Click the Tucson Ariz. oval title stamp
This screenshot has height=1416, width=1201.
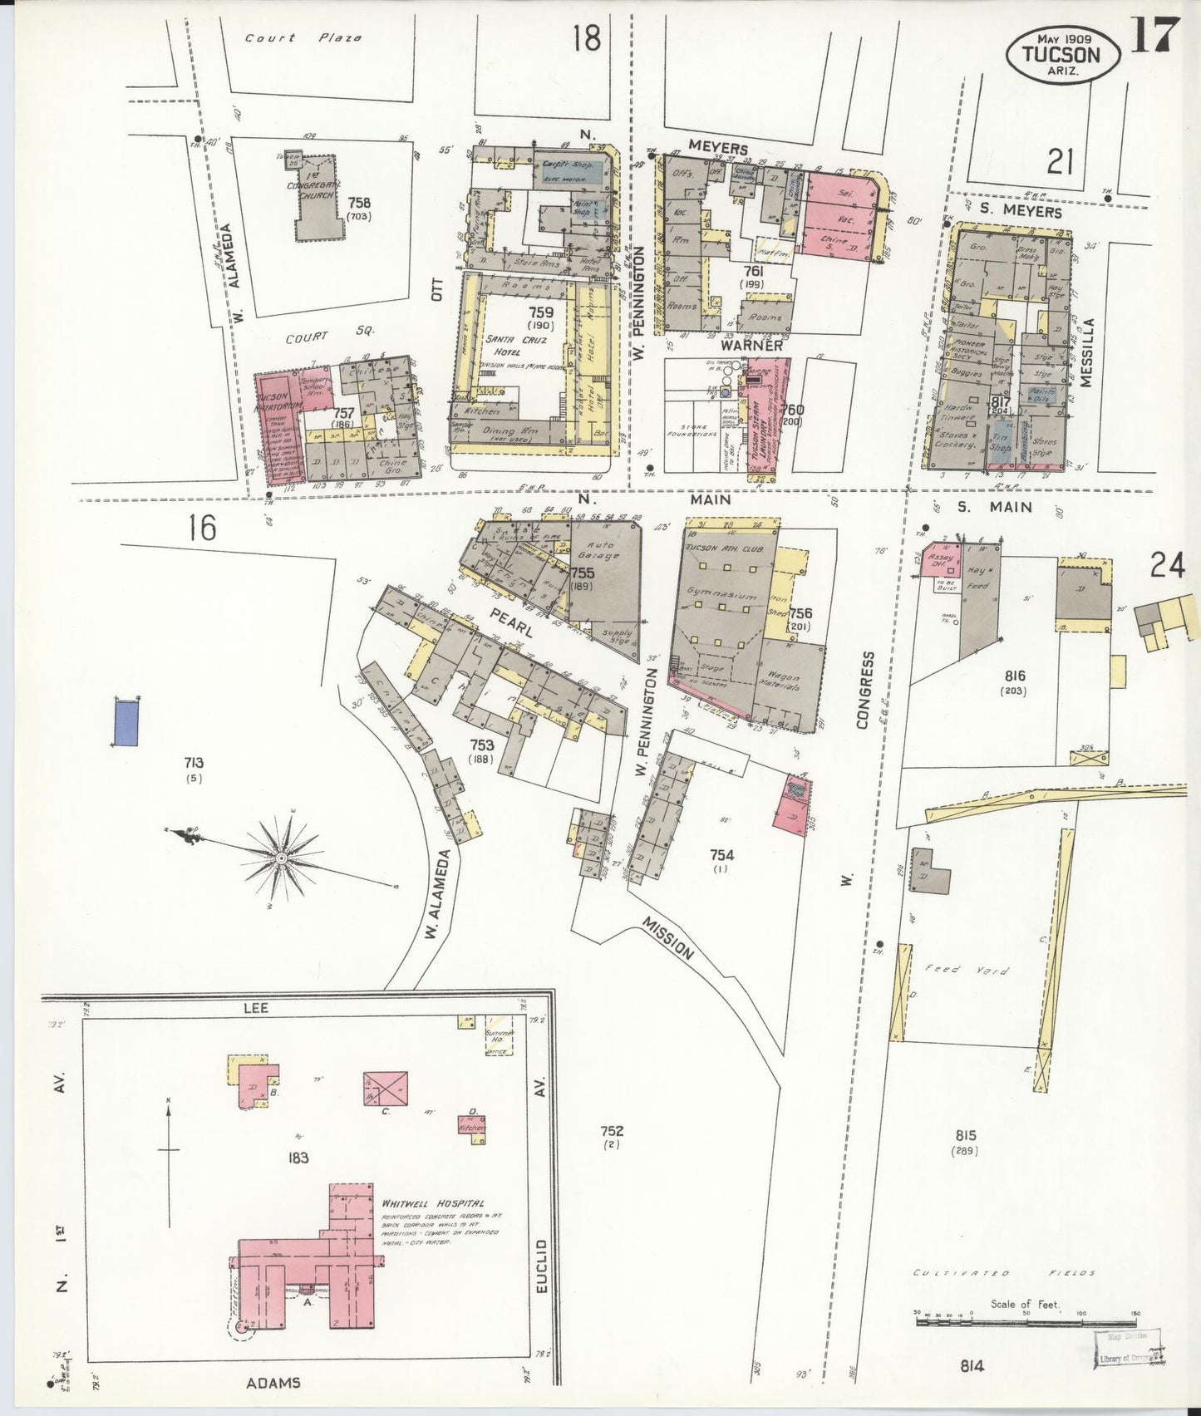click(x=1062, y=55)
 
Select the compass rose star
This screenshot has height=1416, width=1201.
click(x=282, y=858)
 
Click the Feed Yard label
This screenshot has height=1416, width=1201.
click(x=967, y=970)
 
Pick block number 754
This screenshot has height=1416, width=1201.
click(x=721, y=855)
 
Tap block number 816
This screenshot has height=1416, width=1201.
click(x=1014, y=676)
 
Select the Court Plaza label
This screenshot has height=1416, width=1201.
click(x=303, y=38)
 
